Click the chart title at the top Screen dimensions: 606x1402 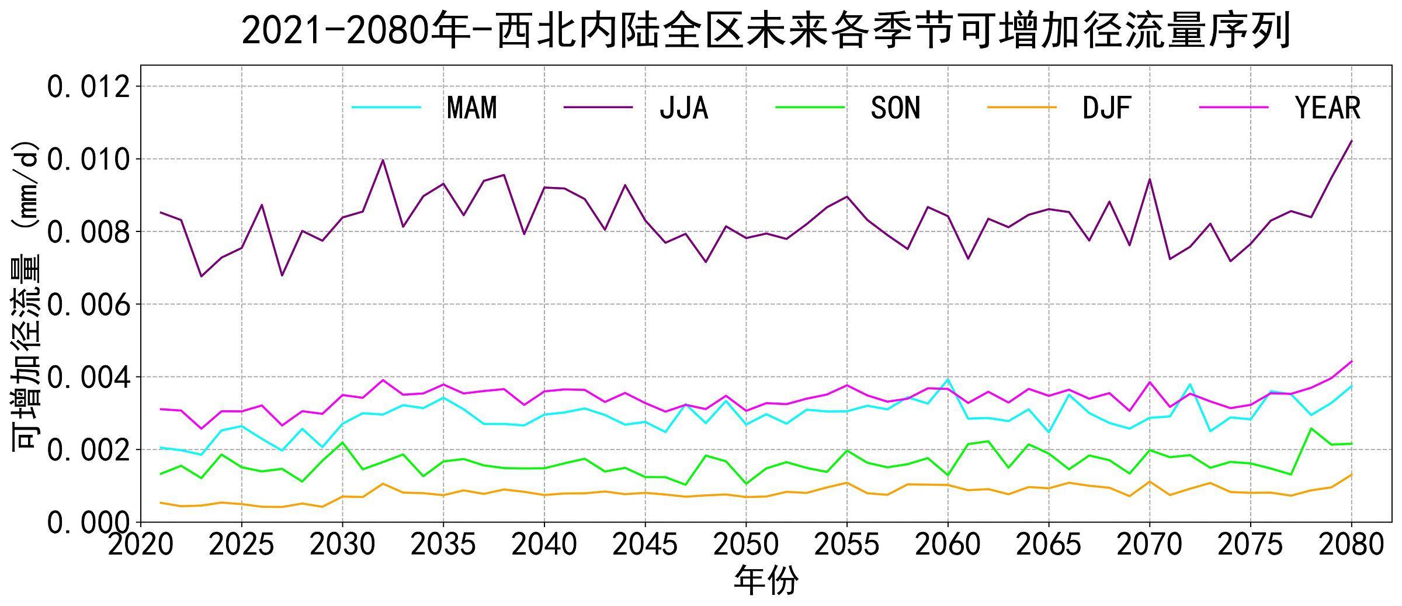[x=765, y=30]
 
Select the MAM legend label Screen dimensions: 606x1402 [x=471, y=108]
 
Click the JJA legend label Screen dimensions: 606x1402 [x=683, y=108]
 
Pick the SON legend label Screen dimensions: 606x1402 [x=895, y=108]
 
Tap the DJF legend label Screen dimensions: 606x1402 [x=1106, y=108]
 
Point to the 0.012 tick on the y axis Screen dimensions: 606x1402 [x=88, y=87]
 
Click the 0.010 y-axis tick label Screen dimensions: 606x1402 [x=88, y=160]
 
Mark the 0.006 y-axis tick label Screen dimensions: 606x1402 [x=88, y=304]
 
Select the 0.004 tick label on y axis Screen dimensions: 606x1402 [x=88, y=378]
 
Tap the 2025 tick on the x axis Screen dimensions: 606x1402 [x=241, y=545]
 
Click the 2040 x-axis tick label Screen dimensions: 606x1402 [x=544, y=545]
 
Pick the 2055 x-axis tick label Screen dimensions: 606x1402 [x=846, y=545]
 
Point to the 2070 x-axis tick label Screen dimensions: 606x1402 [x=1149, y=545]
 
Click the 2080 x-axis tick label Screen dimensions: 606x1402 [x=1351, y=545]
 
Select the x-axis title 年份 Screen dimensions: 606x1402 [x=765, y=581]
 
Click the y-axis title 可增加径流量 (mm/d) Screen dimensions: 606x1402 [x=26, y=295]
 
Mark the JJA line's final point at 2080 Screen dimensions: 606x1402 [x=1351, y=141]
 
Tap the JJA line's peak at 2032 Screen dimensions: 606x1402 [x=383, y=160]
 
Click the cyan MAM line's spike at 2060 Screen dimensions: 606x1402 [x=948, y=379]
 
